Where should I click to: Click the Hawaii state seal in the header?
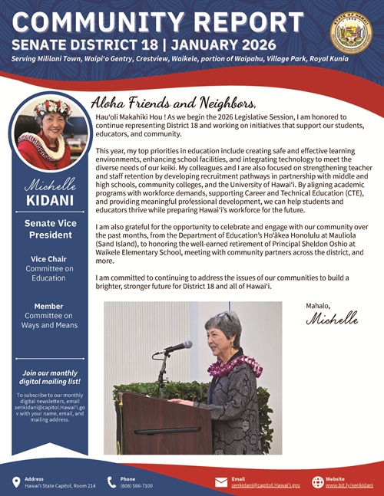pyautogui.click(x=351, y=33)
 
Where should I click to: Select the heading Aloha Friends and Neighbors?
pyautogui.click(x=173, y=102)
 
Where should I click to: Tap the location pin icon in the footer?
pyautogui.click(x=16, y=482)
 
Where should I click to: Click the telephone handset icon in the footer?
pyautogui.click(x=111, y=482)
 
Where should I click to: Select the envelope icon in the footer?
pyautogui.click(x=222, y=482)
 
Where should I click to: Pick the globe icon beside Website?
pyautogui.click(x=318, y=482)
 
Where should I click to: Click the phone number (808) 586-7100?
pyautogui.click(x=137, y=486)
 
